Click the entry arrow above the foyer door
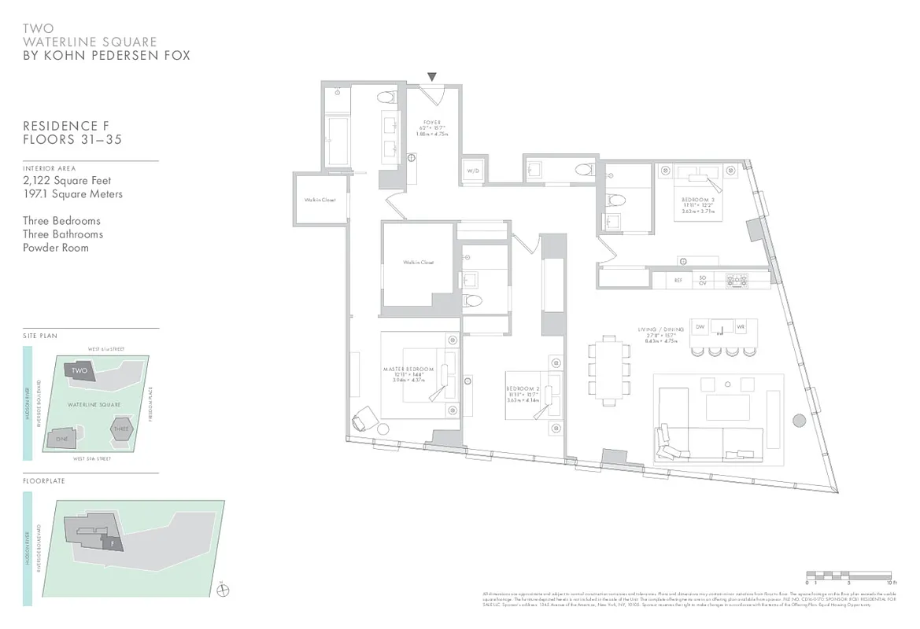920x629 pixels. tap(431, 77)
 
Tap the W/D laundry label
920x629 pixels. tap(473, 171)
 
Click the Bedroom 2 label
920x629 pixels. tap(523, 389)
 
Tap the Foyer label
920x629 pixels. tap(431, 123)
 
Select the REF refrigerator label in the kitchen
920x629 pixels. tap(678, 279)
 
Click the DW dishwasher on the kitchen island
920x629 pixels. tap(700, 326)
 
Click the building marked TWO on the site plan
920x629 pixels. tap(79, 370)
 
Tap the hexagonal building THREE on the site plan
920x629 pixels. tap(120, 429)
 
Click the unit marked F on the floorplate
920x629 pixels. tap(113, 542)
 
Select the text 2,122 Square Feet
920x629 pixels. tap(67, 181)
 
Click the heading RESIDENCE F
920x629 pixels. tap(66, 126)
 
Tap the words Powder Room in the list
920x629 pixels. tap(56, 248)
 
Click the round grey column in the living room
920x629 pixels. tap(799, 420)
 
